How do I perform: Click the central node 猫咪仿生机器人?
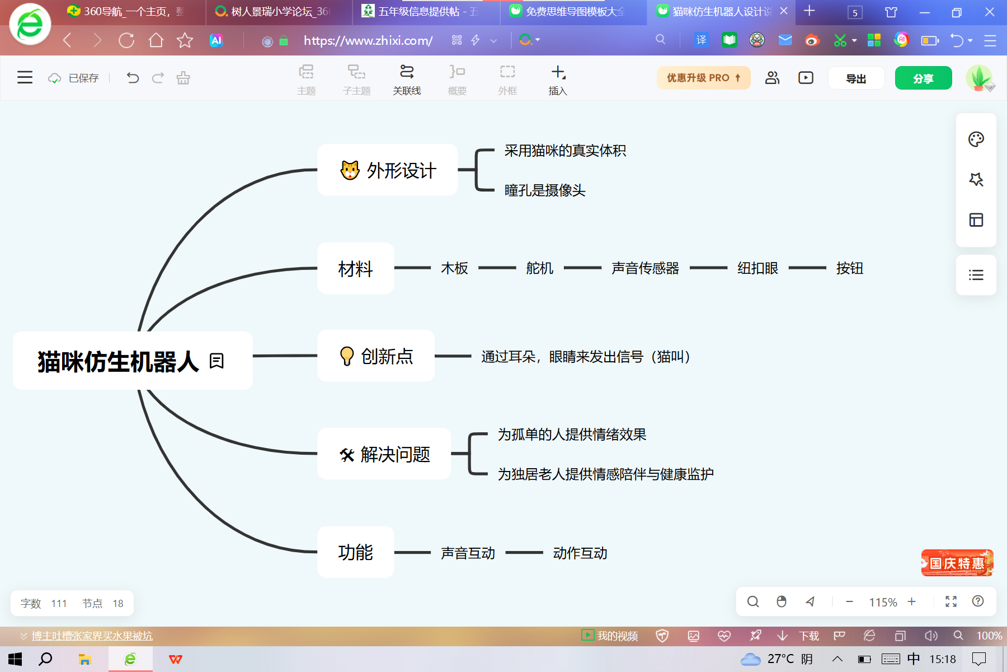click(x=133, y=361)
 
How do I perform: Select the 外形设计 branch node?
click(x=387, y=170)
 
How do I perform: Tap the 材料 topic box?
click(x=356, y=268)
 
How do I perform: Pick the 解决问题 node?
click(x=384, y=454)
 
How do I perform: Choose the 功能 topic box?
click(x=356, y=552)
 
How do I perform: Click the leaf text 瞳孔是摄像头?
click(x=545, y=190)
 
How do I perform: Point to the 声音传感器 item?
click(x=645, y=268)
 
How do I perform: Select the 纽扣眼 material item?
click(x=757, y=268)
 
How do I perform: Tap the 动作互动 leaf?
click(x=580, y=553)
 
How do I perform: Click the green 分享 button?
click(x=923, y=78)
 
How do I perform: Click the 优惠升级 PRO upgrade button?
click(x=703, y=78)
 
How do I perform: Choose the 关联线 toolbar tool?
click(x=407, y=80)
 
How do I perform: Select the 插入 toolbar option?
click(x=558, y=80)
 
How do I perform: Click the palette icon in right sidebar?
click(x=976, y=139)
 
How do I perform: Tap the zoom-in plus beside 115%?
click(x=912, y=601)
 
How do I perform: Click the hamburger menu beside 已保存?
click(x=25, y=77)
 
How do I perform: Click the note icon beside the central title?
click(x=217, y=361)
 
